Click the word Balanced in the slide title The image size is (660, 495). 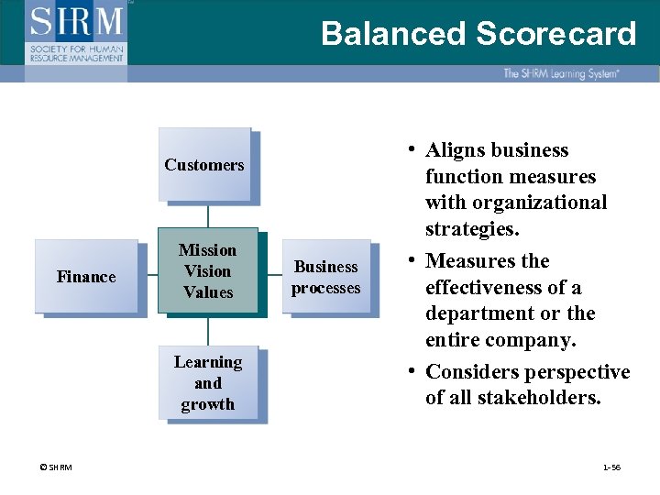(x=393, y=34)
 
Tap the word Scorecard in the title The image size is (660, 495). (x=555, y=34)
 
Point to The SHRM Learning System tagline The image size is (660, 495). (x=560, y=73)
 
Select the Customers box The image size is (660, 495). (x=204, y=165)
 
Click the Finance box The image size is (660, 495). (x=86, y=277)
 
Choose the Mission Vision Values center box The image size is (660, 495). (x=207, y=271)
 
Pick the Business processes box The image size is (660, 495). (x=325, y=277)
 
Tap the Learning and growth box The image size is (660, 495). (x=207, y=383)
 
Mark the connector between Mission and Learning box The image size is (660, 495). (x=208, y=329)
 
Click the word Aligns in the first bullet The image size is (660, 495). (x=456, y=150)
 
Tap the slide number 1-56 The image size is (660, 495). (x=611, y=467)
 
